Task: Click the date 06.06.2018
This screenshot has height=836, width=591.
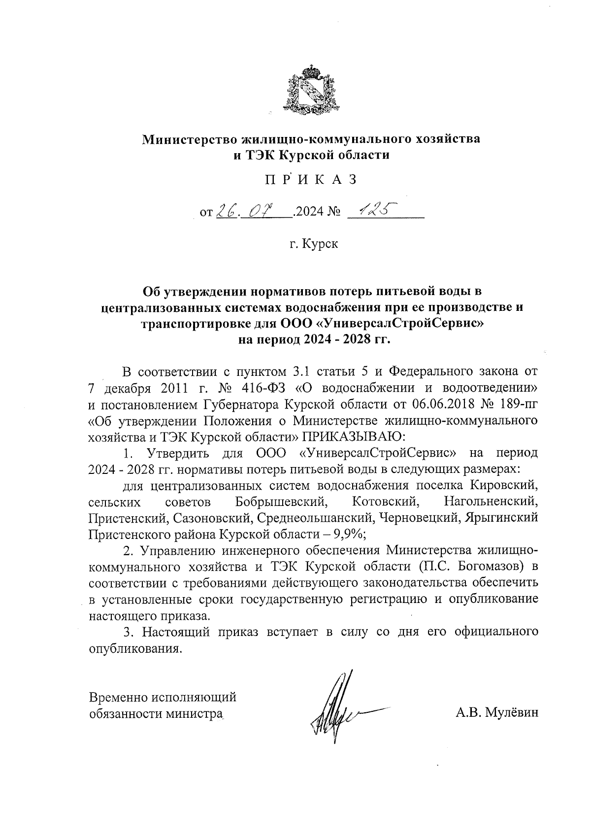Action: click(x=438, y=404)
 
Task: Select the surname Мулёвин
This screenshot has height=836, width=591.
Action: click(x=512, y=712)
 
